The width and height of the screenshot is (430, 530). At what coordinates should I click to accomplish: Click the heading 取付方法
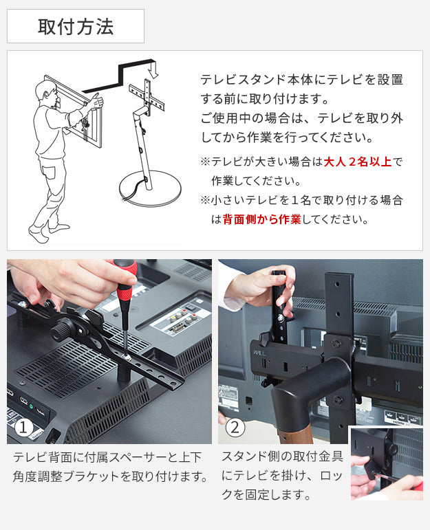pyautogui.click(x=75, y=27)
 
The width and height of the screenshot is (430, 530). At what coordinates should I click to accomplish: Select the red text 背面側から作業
pyautogui.click(x=261, y=220)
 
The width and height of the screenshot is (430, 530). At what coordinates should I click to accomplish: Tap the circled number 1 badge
pyautogui.click(x=24, y=428)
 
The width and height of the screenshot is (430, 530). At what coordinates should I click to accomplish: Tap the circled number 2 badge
pyautogui.click(x=235, y=428)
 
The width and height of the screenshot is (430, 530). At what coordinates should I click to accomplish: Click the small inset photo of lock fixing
pyautogui.click(x=385, y=463)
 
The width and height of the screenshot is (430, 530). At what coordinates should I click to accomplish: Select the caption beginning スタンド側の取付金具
pyautogui.click(x=282, y=475)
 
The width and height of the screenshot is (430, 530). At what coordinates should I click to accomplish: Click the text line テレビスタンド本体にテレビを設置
pyautogui.click(x=301, y=80)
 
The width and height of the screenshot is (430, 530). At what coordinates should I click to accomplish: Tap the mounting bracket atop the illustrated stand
pyautogui.click(x=147, y=97)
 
